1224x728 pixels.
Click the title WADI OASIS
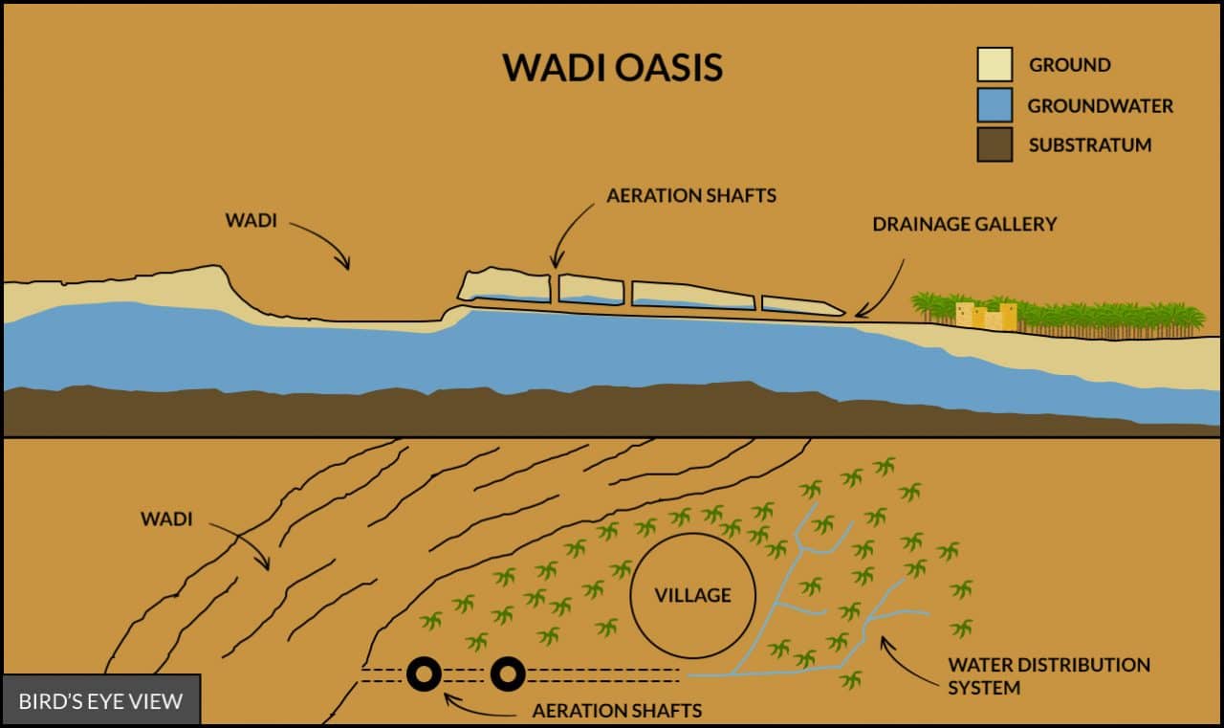point(612,68)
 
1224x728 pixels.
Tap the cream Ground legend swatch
point(994,65)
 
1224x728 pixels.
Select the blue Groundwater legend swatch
point(994,105)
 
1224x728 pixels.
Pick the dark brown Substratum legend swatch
point(994,145)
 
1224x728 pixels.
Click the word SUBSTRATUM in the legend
point(1090,145)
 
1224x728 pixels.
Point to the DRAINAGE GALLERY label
point(964,224)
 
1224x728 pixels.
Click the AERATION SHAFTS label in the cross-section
point(691,195)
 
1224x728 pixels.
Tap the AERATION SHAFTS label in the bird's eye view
point(617,711)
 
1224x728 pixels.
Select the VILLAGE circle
point(693,595)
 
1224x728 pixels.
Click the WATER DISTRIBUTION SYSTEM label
point(1048,675)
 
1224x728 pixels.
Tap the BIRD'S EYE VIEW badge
point(100,701)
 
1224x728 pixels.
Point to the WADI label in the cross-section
point(251,220)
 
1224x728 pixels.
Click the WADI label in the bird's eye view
point(166,519)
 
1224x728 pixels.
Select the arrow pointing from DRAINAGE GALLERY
point(887,287)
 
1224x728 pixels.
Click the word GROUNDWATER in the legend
point(1100,105)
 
